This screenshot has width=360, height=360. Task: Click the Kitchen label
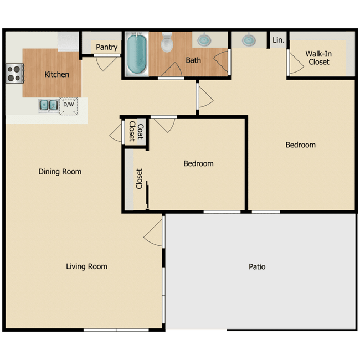pyautogui.click(x=57, y=74)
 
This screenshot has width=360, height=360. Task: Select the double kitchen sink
pyautogui.click(x=48, y=104)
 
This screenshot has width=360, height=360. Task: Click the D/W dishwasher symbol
pyautogui.click(x=69, y=105)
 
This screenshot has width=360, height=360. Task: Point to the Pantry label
pyautogui.click(x=106, y=47)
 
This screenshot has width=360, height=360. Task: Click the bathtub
pyautogui.click(x=136, y=55)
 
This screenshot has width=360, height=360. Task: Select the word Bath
pyautogui.click(x=193, y=60)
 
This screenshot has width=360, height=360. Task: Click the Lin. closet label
pyautogui.click(x=278, y=40)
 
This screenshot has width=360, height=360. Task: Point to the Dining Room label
pyautogui.click(x=60, y=172)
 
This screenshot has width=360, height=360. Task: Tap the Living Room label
pyautogui.click(x=86, y=266)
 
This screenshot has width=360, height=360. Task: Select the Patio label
pyautogui.click(x=257, y=266)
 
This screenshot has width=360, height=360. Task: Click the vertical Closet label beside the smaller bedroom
pyautogui.click(x=140, y=179)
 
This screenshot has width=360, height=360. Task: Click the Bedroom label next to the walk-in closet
pyautogui.click(x=300, y=145)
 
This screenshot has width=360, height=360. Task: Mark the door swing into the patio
pyautogui.click(x=153, y=236)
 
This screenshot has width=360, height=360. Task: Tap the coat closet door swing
pyautogui.click(x=116, y=132)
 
